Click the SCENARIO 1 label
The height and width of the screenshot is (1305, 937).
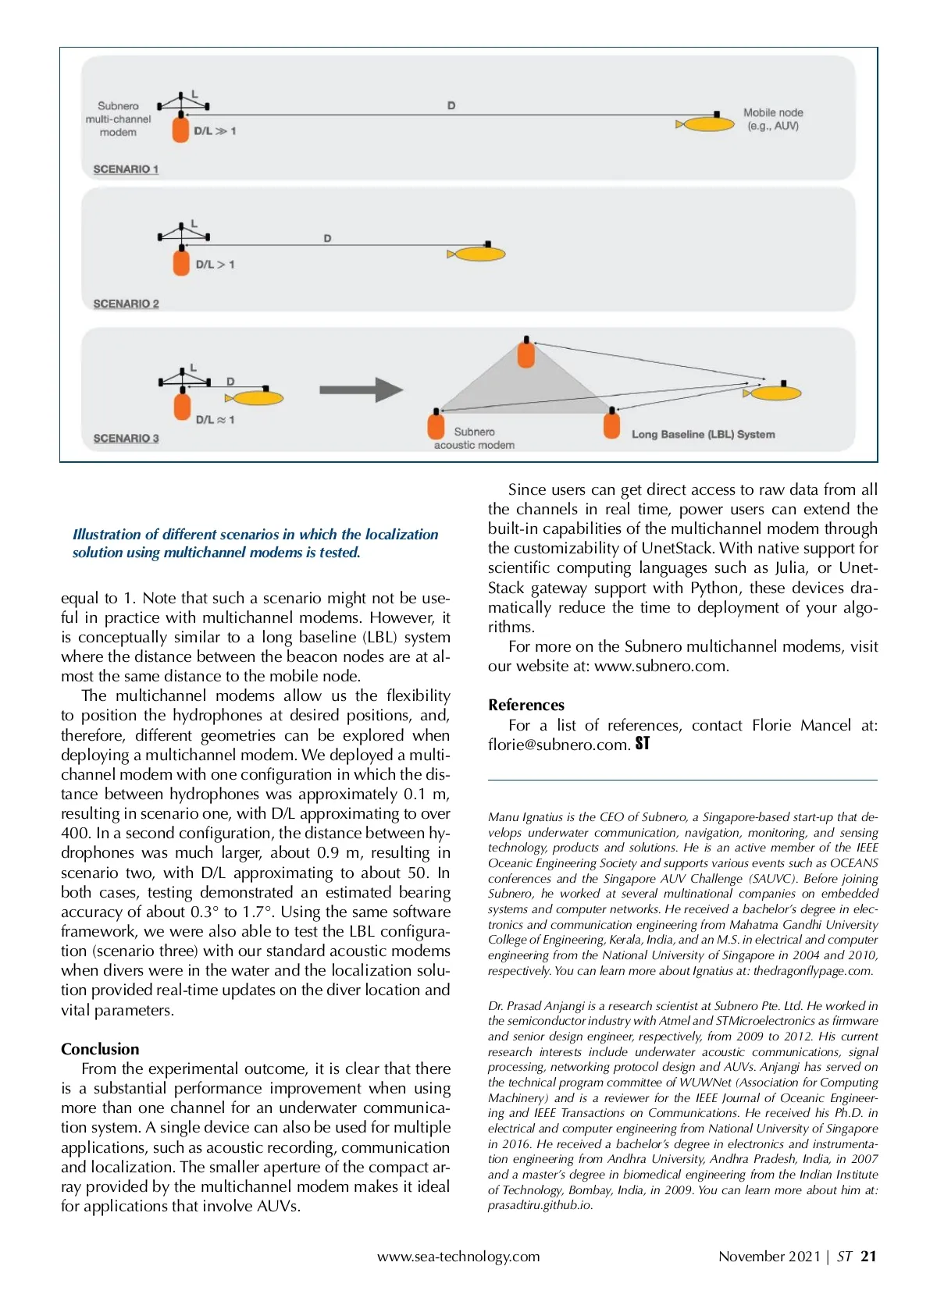click(x=126, y=169)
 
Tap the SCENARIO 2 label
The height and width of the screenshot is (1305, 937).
click(x=126, y=304)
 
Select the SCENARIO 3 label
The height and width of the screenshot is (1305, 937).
click(x=126, y=439)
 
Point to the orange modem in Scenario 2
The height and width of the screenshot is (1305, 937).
click(x=181, y=261)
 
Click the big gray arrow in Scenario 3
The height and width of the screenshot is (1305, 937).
click(x=361, y=389)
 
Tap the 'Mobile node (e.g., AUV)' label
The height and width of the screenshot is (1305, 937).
click(x=772, y=119)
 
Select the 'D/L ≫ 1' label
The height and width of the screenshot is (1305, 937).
click(x=215, y=131)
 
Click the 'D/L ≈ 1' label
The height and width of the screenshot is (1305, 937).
click(x=215, y=420)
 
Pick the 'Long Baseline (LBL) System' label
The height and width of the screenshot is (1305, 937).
click(x=703, y=435)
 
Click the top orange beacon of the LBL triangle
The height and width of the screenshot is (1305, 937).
click(x=526, y=354)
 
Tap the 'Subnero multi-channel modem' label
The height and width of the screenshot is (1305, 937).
click(x=118, y=119)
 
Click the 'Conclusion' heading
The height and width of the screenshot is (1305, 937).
click(x=100, y=1049)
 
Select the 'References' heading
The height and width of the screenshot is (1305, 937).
click(x=526, y=705)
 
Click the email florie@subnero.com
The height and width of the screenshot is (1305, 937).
click(x=558, y=745)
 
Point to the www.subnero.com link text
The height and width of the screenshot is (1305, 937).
click(x=661, y=667)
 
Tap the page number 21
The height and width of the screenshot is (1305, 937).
click(x=868, y=1257)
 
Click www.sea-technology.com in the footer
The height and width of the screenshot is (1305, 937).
click(x=458, y=1257)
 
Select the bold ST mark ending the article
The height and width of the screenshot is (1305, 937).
click(x=643, y=744)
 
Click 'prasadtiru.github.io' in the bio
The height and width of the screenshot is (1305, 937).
click(x=540, y=1205)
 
